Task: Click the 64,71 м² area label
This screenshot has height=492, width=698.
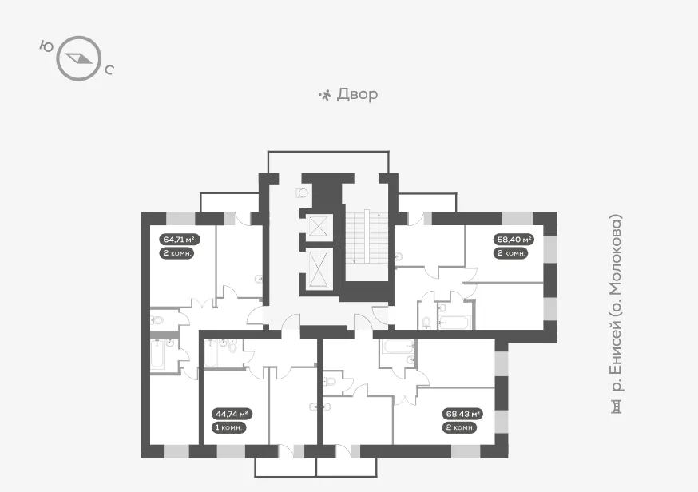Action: [x=180, y=240]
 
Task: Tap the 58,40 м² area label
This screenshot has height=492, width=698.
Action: [x=514, y=240]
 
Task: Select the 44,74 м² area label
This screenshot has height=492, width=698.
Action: [x=232, y=414]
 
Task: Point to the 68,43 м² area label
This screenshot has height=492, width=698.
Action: [x=463, y=414]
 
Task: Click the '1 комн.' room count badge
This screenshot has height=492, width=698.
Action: [x=229, y=427]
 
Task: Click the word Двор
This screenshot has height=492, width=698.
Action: [x=357, y=94]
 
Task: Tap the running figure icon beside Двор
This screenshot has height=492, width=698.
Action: [x=325, y=95]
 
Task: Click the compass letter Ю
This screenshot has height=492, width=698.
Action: [x=46, y=46]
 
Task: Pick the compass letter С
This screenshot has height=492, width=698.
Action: [x=109, y=69]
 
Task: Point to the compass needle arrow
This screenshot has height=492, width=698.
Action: [x=79, y=58]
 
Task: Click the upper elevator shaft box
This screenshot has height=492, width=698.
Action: [x=319, y=227]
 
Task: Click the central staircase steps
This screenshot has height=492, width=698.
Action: [x=366, y=237]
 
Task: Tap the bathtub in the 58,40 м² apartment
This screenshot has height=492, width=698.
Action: [x=454, y=321]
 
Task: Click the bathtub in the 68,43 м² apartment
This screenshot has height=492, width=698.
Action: [x=396, y=347]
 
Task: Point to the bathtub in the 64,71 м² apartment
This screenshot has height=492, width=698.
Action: [x=157, y=355]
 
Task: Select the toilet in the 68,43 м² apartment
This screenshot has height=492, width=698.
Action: [x=331, y=382]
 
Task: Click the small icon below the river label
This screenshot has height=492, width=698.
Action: [x=616, y=407]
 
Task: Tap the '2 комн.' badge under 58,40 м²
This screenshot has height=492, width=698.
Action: [x=510, y=253]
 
